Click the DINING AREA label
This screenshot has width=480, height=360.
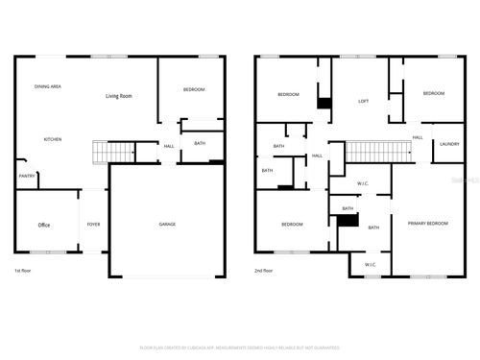click(x=49, y=86)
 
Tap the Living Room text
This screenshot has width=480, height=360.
click(x=119, y=97)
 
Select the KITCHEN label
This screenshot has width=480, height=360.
click(x=53, y=139)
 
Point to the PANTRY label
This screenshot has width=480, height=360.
click(x=27, y=176)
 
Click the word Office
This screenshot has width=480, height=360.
click(x=44, y=225)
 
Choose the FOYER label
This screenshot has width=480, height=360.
click(x=93, y=225)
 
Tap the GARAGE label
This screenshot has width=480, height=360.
click(x=167, y=225)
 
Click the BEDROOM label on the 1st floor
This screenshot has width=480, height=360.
click(x=194, y=89)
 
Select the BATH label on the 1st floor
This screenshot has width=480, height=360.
click(x=200, y=143)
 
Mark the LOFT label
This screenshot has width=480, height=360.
click(x=364, y=101)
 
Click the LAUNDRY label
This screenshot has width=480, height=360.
click(x=449, y=144)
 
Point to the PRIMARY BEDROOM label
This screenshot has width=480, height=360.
click(x=427, y=223)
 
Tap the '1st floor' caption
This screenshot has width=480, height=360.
click(x=25, y=272)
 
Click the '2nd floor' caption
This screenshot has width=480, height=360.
click(x=266, y=272)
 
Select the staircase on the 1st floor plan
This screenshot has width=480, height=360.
click(x=112, y=153)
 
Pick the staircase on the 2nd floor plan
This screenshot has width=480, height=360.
click(x=372, y=152)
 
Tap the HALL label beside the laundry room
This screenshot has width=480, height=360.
click(x=418, y=137)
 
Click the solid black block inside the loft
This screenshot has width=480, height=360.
click(x=324, y=103)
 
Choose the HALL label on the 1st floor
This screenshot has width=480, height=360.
click(x=169, y=146)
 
